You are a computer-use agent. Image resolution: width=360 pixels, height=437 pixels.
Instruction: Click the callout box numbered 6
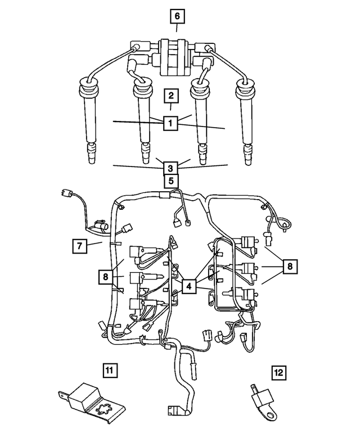pos(177,17)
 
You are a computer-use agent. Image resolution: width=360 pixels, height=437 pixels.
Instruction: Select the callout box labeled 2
pos(171,95)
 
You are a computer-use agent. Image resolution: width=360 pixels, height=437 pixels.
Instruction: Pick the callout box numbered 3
pos(171,166)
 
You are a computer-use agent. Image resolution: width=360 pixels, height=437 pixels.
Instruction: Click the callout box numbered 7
pos(80,245)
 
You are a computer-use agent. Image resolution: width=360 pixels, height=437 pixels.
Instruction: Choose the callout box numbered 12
pos(279,372)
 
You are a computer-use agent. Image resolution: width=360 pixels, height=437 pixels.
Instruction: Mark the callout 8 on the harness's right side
pos(289,266)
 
